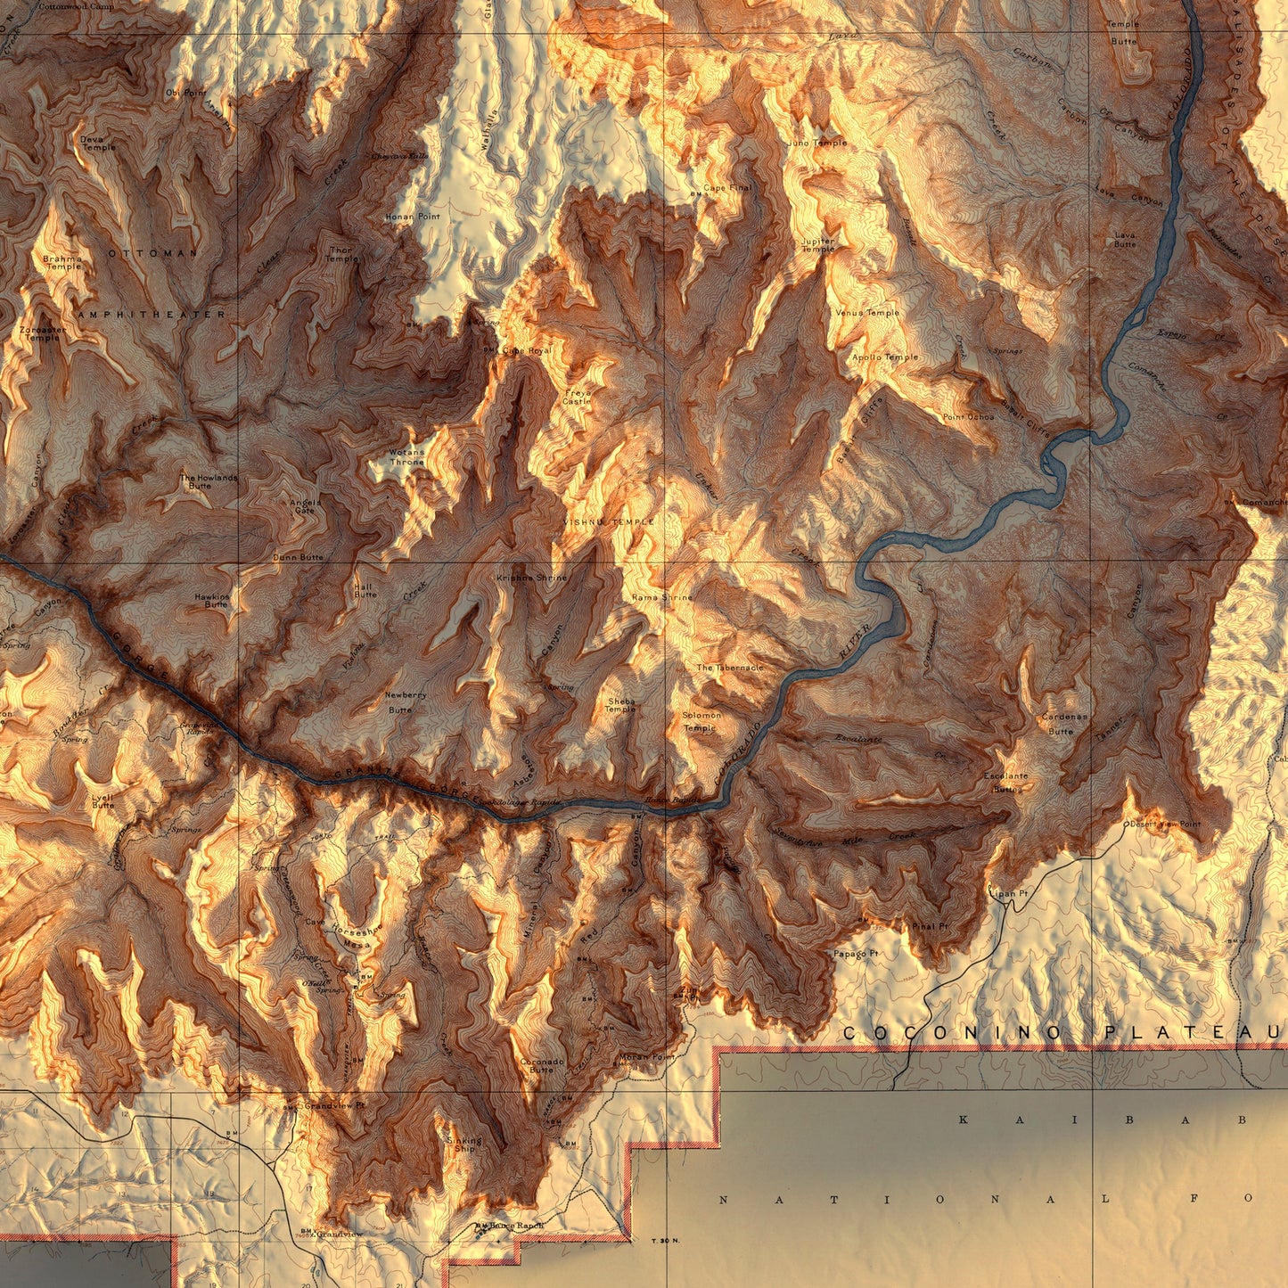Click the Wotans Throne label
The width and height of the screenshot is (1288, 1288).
pyautogui.click(x=406, y=457)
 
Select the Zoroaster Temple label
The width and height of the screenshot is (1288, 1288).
pyautogui.click(x=42, y=334)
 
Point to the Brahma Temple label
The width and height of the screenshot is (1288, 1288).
pyautogui.click(x=62, y=263)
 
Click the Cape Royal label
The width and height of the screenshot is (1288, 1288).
pyautogui.click(x=527, y=351)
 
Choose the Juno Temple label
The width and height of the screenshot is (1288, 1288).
pyautogui.click(x=817, y=143)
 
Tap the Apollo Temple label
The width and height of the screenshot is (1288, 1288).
pyautogui.click(x=885, y=357)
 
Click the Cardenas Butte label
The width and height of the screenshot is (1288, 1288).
pyautogui.click(x=1064, y=724)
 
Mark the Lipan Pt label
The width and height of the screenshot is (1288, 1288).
pyautogui.click(x=1009, y=892)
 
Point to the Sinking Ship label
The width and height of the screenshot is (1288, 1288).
pyautogui.click(x=464, y=1144)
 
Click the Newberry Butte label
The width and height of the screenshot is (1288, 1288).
pyautogui.click(x=405, y=702)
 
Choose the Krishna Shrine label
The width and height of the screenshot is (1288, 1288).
pyautogui.click(x=532, y=578)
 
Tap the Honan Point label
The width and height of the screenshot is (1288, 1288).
pyautogui.click(x=413, y=217)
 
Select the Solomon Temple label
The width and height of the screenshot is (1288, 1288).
pyautogui.click(x=701, y=721)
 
